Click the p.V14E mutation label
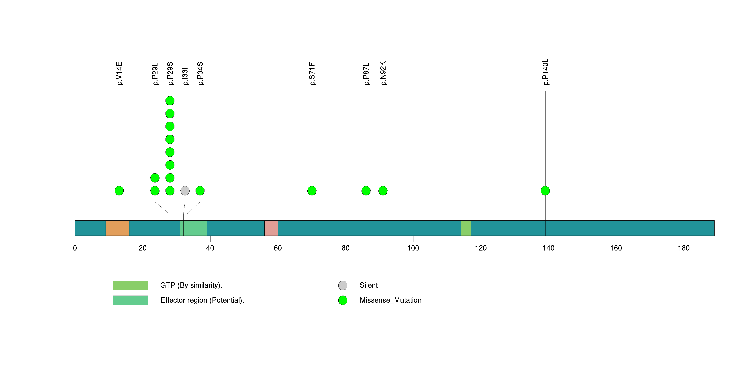pyautogui.click(x=119, y=73)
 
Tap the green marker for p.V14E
pyautogui.click(x=119, y=191)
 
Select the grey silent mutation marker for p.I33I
pyautogui.click(x=185, y=191)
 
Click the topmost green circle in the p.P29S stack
pyautogui.click(x=170, y=101)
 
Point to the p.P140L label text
pyautogui.click(x=545, y=72)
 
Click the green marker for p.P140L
pyautogui.click(x=545, y=191)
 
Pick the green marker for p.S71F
pyautogui.click(x=312, y=191)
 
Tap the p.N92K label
pyautogui.click(x=383, y=73)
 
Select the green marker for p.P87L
pyautogui.click(x=366, y=191)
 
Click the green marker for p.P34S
pyautogui.click(x=200, y=191)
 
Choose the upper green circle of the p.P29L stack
pyautogui.click(x=155, y=178)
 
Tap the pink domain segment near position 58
pyautogui.click(x=271, y=228)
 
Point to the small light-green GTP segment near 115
pyautogui.click(x=466, y=228)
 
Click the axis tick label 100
pyautogui.click(x=413, y=248)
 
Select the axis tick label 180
pyautogui.click(x=683, y=248)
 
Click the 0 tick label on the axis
pyautogui.click(x=75, y=248)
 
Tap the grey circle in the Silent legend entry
pyautogui.click(x=343, y=285)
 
